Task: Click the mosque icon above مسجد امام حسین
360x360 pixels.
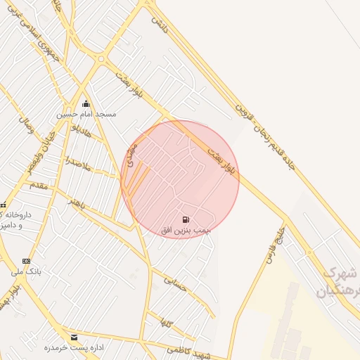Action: pos(86,104)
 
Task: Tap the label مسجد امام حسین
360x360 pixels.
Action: pos(87,113)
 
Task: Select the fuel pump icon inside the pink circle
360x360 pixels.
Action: pos(186,221)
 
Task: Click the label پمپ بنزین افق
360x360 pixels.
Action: pos(186,230)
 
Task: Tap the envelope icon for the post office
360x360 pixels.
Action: pos(75,337)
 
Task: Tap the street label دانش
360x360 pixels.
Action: pos(160,20)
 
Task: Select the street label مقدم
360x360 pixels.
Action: pos(39,184)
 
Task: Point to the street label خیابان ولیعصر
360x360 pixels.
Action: pos(41,150)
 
